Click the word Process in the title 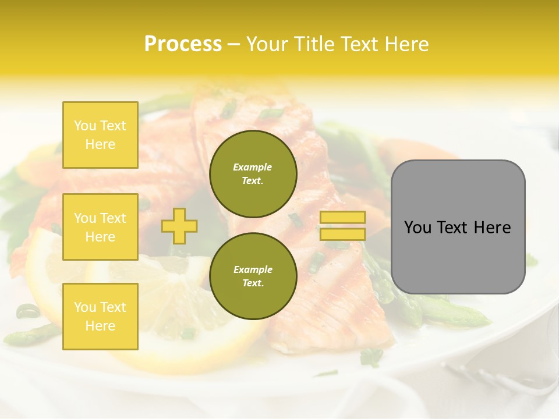click(x=183, y=44)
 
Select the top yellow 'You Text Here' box click(x=100, y=135)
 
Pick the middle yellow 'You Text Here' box click(x=100, y=227)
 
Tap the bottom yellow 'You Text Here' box click(x=100, y=316)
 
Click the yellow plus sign click(x=179, y=226)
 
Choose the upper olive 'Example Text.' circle click(x=253, y=174)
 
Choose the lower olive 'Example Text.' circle click(x=253, y=276)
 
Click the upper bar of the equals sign click(x=342, y=218)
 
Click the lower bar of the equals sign click(x=342, y=234)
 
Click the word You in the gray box click(x=418, y=228)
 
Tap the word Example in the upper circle click(x=253, y=167)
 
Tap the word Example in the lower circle click(x=253, y=269)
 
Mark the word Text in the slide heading click(x=358, y=44)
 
